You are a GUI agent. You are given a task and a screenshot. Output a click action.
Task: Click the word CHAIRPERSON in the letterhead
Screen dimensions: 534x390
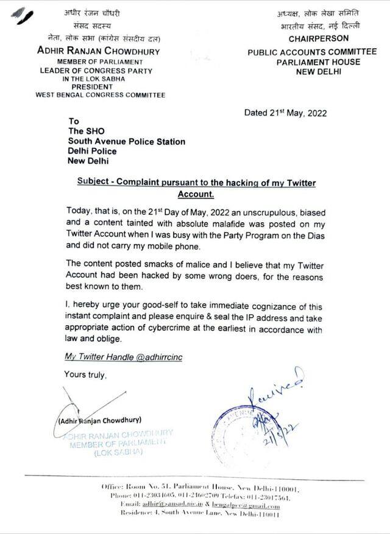click(319, 38)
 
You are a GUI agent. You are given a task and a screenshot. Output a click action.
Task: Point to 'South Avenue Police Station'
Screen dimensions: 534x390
click(127, 141)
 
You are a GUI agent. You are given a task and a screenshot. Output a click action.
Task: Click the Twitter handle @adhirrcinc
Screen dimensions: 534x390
click(155, 357)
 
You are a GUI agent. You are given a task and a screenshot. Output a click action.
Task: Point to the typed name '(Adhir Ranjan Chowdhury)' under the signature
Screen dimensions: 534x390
click(100, 420)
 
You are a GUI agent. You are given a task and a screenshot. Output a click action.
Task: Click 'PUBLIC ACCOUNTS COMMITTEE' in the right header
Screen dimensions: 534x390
click(303, 53)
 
